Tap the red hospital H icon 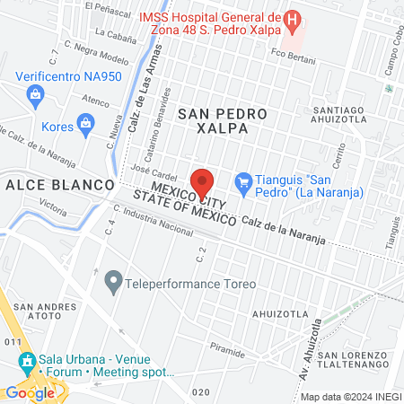tap(291, 19)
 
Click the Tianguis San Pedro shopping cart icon tap(243, 180)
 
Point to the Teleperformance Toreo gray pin tap(113, 284)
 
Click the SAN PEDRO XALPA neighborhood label tap(223, 121)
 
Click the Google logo tap(30, 392)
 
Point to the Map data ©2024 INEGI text tap(349, 397)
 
